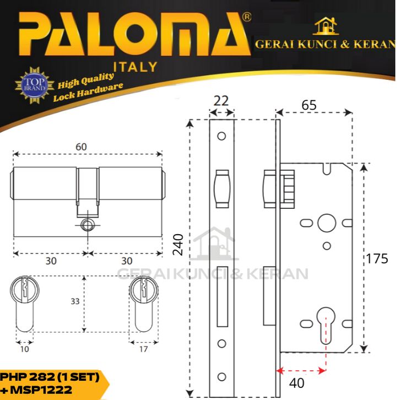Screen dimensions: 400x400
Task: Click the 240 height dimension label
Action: pyautogui.click(x=178, y=245)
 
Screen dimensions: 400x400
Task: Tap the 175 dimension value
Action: pyautogui.click(x=377, y=258)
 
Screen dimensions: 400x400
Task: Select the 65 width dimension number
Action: pyautogui.click(x=309, y=105)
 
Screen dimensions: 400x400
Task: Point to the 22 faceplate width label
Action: pyautogui.click(x=221, y=101)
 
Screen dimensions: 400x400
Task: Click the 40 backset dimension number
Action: pyautogui.click(x=296, y=383)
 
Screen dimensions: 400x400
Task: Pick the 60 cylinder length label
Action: pyautogui.click(x=81, y=147)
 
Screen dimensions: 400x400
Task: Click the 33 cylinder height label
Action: pyautogui.click(x=75, y=301)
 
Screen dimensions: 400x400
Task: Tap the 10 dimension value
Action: pyautogui.click(x=24, y=349)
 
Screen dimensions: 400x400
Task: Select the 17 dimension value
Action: pyautogui.click(x=143, y=349)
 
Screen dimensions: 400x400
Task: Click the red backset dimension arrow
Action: pyautogui.click(x=301, y=371)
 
